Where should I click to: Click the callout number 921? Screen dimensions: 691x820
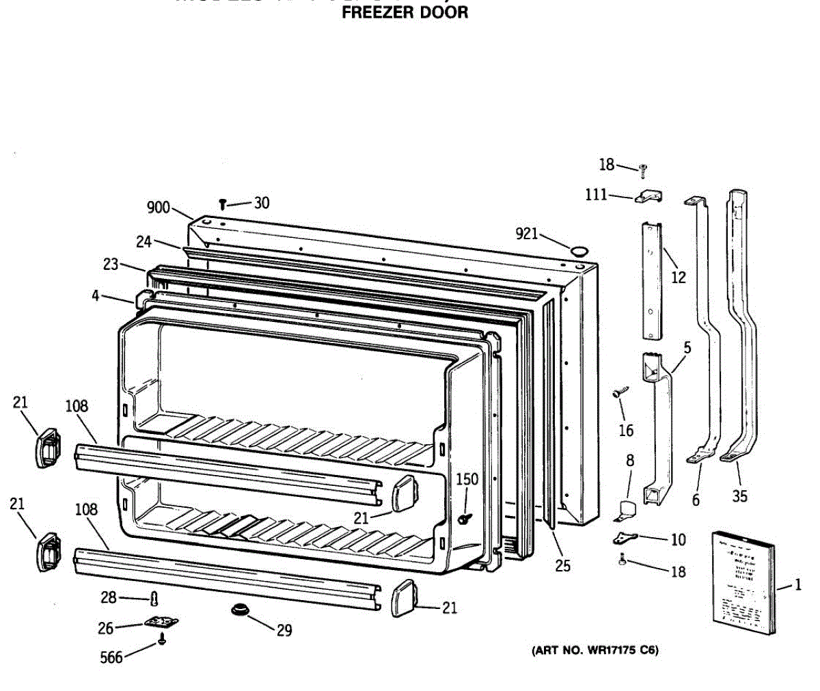click(x=527, y=234)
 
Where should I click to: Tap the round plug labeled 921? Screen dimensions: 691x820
click(x=579, y=251)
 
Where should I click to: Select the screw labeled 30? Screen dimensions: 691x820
click(x=223, y=203)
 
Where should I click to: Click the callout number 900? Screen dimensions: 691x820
click(x=159, y=207)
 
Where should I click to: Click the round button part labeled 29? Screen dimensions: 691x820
click(x=240, y=608)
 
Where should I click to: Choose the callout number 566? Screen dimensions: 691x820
click(x=111, y=658)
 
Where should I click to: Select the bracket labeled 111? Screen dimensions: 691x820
click(x=648, y=197)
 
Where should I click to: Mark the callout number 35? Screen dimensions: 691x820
click(x=740, y=496)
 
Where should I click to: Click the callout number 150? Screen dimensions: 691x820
click(x=467, y=479)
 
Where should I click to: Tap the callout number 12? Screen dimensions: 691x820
click(x=679, y=277)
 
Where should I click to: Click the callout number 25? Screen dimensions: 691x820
click(x=563, y=565)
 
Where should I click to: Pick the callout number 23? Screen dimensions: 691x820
click(x=111, y=265)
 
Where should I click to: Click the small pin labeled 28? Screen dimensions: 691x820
click(x=154, y=599)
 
